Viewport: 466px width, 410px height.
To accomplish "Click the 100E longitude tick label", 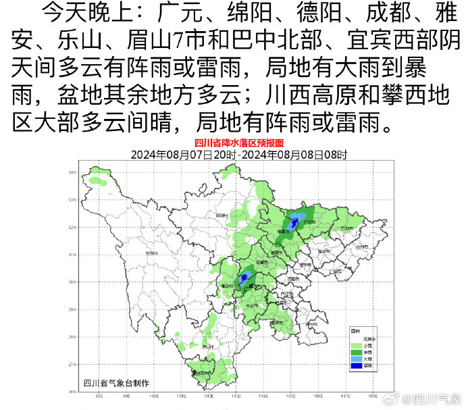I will click(153, 397).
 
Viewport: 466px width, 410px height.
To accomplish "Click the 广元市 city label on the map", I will click(311, 222).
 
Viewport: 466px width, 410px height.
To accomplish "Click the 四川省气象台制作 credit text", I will click(116, 382).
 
